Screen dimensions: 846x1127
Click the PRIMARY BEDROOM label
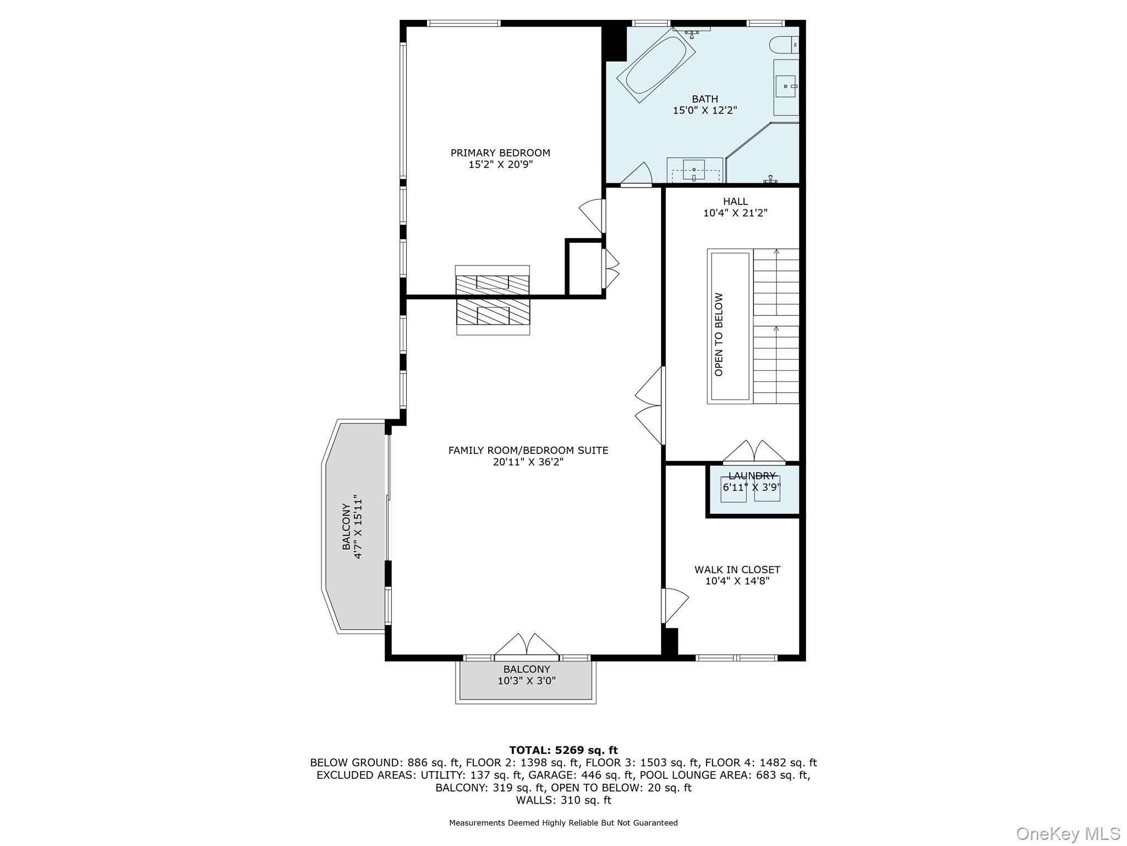500,153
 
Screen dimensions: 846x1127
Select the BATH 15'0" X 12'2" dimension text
705,110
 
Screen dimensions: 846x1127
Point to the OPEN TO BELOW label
719,334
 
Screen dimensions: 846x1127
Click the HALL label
735,202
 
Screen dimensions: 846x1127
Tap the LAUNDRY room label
752,476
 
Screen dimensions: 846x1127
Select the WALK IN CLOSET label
737,570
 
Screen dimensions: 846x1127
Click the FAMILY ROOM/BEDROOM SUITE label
528,451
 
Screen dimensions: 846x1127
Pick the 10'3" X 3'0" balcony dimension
527,681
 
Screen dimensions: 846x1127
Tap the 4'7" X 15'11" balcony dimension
359,527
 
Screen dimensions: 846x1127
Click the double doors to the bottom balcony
527,646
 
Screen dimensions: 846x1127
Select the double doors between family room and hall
650,406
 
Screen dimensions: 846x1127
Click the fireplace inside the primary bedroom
493,281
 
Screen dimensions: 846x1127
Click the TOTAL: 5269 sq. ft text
563,750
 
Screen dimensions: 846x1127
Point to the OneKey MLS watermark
1068,834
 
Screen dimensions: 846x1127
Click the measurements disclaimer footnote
563,823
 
